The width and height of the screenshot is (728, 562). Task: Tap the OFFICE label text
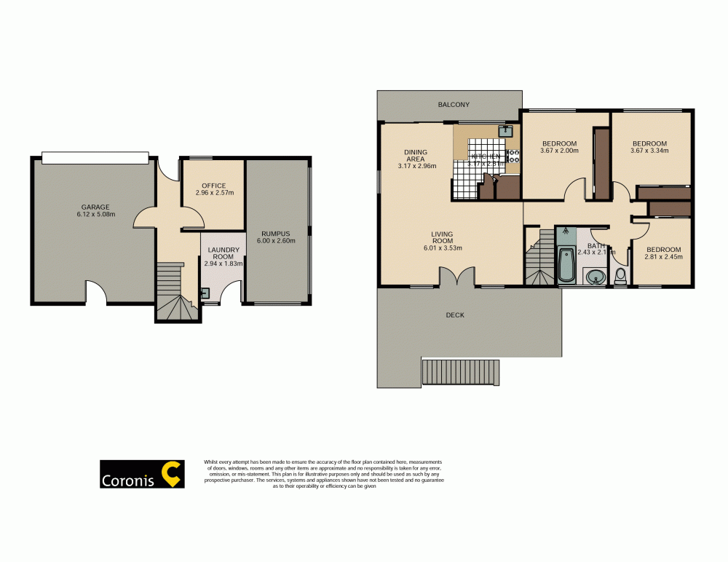pos(214,186)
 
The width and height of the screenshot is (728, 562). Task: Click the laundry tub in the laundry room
pos(205,293)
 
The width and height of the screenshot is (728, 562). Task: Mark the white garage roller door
pos(95,157)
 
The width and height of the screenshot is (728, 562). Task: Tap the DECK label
pos(455,315)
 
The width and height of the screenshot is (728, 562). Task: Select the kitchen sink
pos(505,131)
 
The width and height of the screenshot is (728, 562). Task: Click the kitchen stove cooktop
pos(513,155)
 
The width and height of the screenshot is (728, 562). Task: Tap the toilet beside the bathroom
pos(620,277)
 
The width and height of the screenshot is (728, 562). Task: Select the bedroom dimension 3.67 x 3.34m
pos(649,151)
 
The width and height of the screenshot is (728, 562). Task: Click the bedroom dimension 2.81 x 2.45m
pos(662,256)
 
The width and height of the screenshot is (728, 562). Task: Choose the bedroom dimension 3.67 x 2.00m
pos(559,151)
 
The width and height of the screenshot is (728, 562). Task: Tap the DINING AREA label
pos(416,156)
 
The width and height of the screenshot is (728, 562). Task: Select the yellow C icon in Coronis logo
pos(172,474)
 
